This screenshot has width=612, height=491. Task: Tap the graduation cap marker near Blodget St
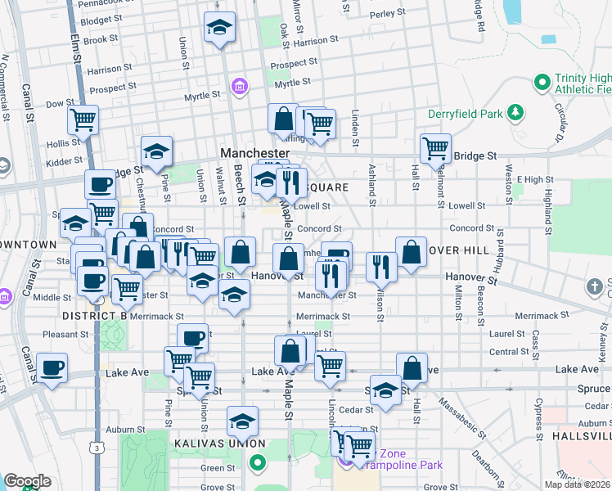click(219, 28)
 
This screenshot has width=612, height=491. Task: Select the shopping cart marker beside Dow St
click(83, 120)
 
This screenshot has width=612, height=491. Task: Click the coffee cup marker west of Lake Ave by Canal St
click(52, 368)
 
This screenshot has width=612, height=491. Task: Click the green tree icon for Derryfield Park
click(515, 111)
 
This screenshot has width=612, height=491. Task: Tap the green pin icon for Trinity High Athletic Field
click(541, 82)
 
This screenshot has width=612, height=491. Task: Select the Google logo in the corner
click(27, 481)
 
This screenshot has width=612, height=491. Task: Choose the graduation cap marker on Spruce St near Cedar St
click(385, 390)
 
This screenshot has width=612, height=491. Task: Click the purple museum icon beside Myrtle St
click(238, 86)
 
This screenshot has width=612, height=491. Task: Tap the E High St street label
click(535, 179)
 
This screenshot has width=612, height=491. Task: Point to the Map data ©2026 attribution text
click(578, 484)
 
